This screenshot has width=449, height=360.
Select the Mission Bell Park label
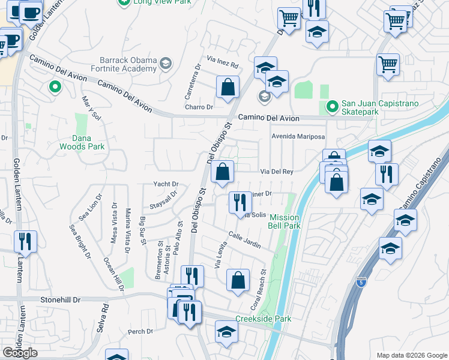pos(285,221)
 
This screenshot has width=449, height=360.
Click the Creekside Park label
pos(263,319)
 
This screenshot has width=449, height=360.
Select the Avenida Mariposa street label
pos(298,137)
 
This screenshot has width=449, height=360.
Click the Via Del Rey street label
pos(276,172)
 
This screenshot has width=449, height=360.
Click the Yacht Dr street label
pos(166,184)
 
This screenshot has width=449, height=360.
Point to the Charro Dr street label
pos(199,107)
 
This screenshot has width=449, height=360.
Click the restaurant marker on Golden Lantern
pos(27,242)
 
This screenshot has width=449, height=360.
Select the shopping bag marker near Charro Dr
pos(228,88)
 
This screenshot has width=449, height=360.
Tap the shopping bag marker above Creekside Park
pos(238,280)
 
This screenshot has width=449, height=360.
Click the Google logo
pos(20,353)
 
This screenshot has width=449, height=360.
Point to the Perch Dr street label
pos(140,331)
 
